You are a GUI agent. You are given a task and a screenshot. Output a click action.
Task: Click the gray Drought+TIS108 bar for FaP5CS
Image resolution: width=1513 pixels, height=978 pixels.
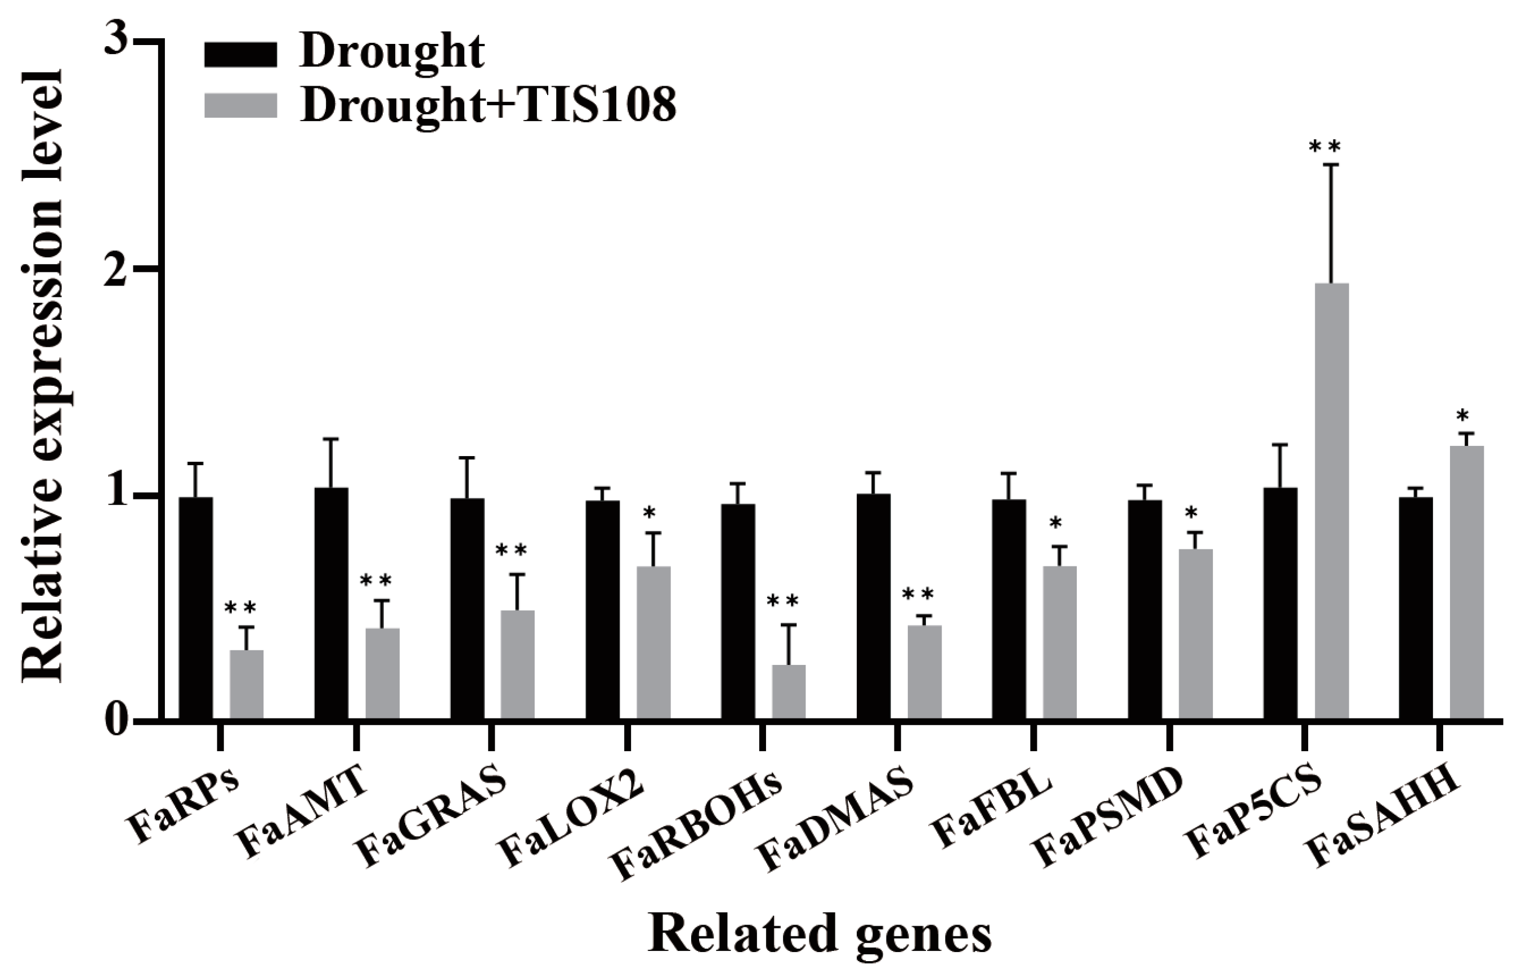[x=1331, y=502]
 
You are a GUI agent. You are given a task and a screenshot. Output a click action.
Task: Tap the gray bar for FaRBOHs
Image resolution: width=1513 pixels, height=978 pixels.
[x=789, y=691]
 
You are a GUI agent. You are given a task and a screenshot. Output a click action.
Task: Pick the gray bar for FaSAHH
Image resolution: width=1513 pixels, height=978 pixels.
[x=1467, y=582]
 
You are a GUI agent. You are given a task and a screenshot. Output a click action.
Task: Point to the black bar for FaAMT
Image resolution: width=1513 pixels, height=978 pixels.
[x=331, y=604]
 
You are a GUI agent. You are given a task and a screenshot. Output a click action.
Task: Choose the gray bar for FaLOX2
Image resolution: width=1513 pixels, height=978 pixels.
[x=653, y=642]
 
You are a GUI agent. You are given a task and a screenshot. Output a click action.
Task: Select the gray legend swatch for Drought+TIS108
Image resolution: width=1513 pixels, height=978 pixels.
[x=241, y=105]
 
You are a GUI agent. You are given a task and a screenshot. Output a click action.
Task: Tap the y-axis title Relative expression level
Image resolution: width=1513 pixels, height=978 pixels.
[x=44, y=374]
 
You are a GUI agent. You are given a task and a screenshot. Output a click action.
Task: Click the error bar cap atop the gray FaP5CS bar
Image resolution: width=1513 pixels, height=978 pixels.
[x=1331, y=165]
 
